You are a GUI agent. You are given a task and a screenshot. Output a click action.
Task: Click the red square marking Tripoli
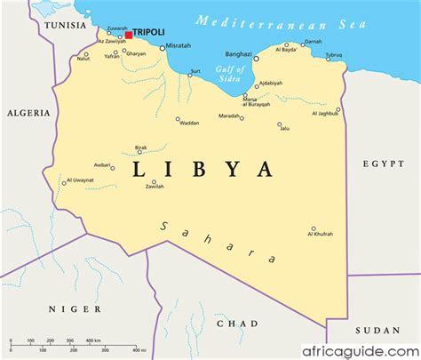point(129,36)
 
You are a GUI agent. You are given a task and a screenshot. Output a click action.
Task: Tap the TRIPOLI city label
point(148,33)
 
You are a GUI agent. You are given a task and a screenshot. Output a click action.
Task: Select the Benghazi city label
point(238,53)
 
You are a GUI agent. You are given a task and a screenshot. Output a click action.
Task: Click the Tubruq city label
point(333,55)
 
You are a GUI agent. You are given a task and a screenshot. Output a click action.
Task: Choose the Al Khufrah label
point(321,234)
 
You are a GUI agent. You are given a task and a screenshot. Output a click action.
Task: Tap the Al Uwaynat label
point(78,181)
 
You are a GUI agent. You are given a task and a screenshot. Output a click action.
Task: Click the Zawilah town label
point(155,187)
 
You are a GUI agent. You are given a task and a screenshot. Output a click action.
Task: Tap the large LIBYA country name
point(203,168)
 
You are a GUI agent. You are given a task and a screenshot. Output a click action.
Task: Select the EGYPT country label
point(382,163)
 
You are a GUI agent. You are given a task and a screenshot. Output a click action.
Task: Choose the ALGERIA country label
point(25,113)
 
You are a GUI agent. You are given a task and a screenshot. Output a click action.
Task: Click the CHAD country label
point(236,324)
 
